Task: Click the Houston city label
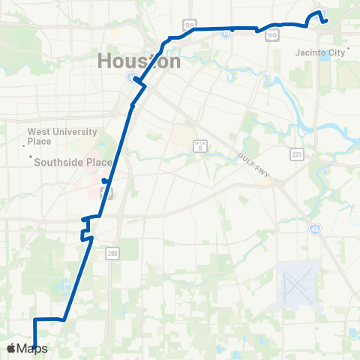pyautogui.click(x=139, y=61)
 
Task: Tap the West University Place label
pyautogui.click(x=62, y=136)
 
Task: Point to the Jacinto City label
pyautogui.click(x=317, y=52)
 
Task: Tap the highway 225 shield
pyautogui.click(x=296, y=154)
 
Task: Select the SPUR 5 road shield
pyautogui.click(x=200, y=146)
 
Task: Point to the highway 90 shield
pyautogui.click(x=272, y=34)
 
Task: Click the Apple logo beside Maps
pyautogui.click(x=11, y=348)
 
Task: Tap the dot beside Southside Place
pyautogui.click(x=31, y=157)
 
